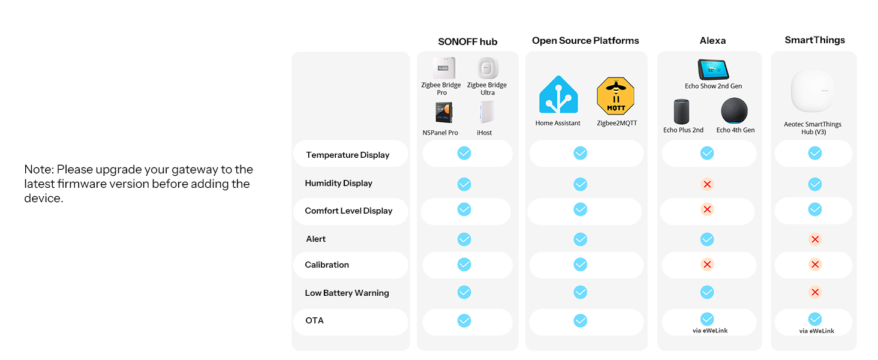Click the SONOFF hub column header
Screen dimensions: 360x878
pos(467,41)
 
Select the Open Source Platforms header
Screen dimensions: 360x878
pos(585,41)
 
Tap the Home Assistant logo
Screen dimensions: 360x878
pos(558,95)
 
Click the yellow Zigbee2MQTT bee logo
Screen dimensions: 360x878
pos(615,96)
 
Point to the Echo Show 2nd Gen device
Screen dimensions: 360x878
pos(713,70)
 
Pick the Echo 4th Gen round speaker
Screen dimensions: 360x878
pos(735,111)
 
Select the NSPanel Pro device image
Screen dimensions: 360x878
pos(444,113)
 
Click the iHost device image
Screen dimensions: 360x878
pos(485,112)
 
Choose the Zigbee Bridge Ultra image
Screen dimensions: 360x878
pos(488,68)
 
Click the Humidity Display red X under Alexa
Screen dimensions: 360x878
pos(707,184)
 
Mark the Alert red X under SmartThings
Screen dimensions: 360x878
pos(814,239)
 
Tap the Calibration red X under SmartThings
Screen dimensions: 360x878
pos(814,265)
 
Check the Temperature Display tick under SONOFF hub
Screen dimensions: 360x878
pos(464,154)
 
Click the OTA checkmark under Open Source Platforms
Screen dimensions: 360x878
pos(580,321)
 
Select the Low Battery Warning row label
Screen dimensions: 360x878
pos(347,293)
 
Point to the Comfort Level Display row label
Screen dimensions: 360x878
pos(348,211)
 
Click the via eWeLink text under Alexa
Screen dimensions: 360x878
pos(709,331)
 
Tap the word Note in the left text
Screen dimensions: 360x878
pos(38,170)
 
